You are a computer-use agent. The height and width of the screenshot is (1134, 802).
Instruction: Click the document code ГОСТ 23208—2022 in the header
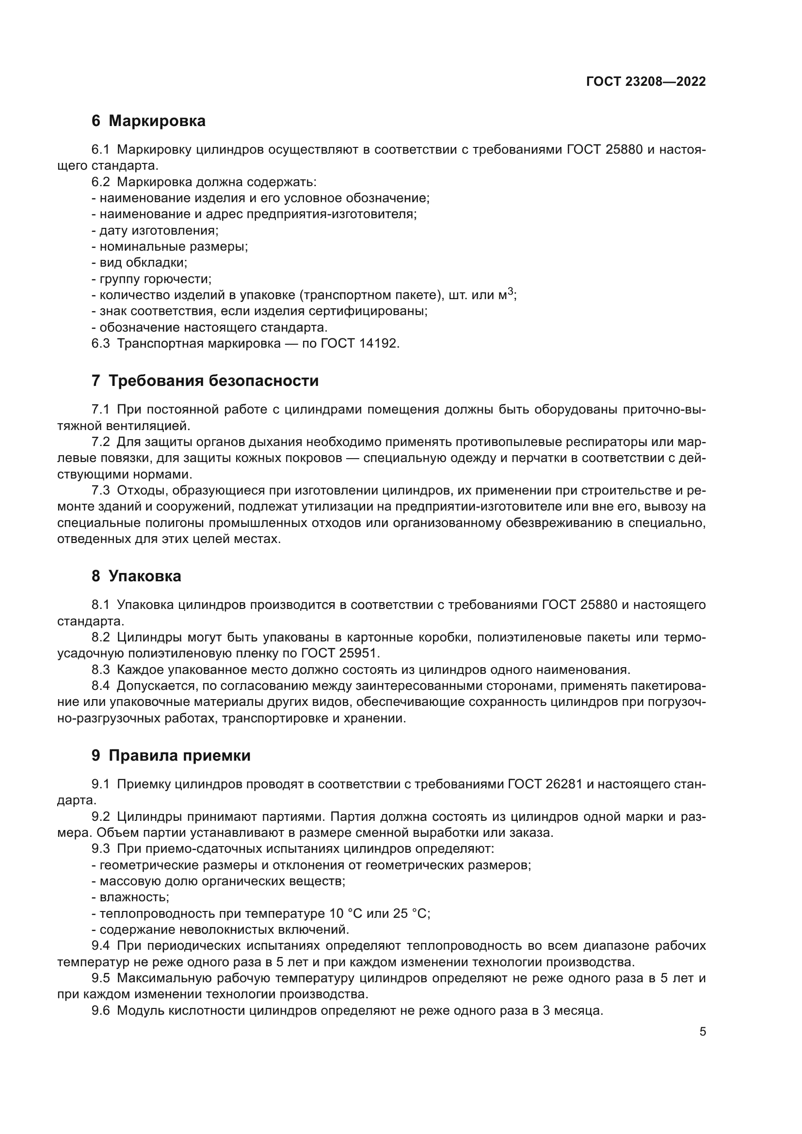tap(646, 82)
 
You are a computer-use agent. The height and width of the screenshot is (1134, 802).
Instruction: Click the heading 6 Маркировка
tap(148, 121)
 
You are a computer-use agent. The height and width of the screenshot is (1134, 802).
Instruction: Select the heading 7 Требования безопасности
tap(205, 381)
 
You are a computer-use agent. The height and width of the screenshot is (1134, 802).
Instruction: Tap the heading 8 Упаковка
tap(136, 576)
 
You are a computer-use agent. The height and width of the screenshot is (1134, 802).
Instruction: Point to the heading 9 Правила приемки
tap(171, 756)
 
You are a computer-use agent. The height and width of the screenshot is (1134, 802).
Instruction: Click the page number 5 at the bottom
tap(702, 1032)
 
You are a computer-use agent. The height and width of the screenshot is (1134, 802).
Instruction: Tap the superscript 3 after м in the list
tap(511, 291)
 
